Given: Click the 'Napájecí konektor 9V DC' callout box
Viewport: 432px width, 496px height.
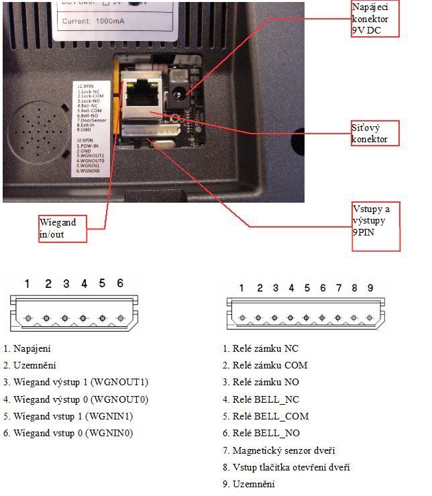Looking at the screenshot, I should point(374,18).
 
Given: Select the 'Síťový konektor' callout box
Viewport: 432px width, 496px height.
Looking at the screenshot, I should point(374,133).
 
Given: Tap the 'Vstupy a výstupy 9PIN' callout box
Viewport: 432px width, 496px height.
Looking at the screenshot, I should point(375,227).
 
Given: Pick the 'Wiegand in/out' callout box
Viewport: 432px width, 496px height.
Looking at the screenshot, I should point(62,228).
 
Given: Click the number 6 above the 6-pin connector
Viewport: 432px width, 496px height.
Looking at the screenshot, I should point(120,284).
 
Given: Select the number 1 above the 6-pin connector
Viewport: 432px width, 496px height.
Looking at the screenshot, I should point(27,284).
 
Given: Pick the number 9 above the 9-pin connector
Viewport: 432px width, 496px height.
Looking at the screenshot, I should point(370,288).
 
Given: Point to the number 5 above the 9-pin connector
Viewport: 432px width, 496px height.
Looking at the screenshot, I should point(307,288).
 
